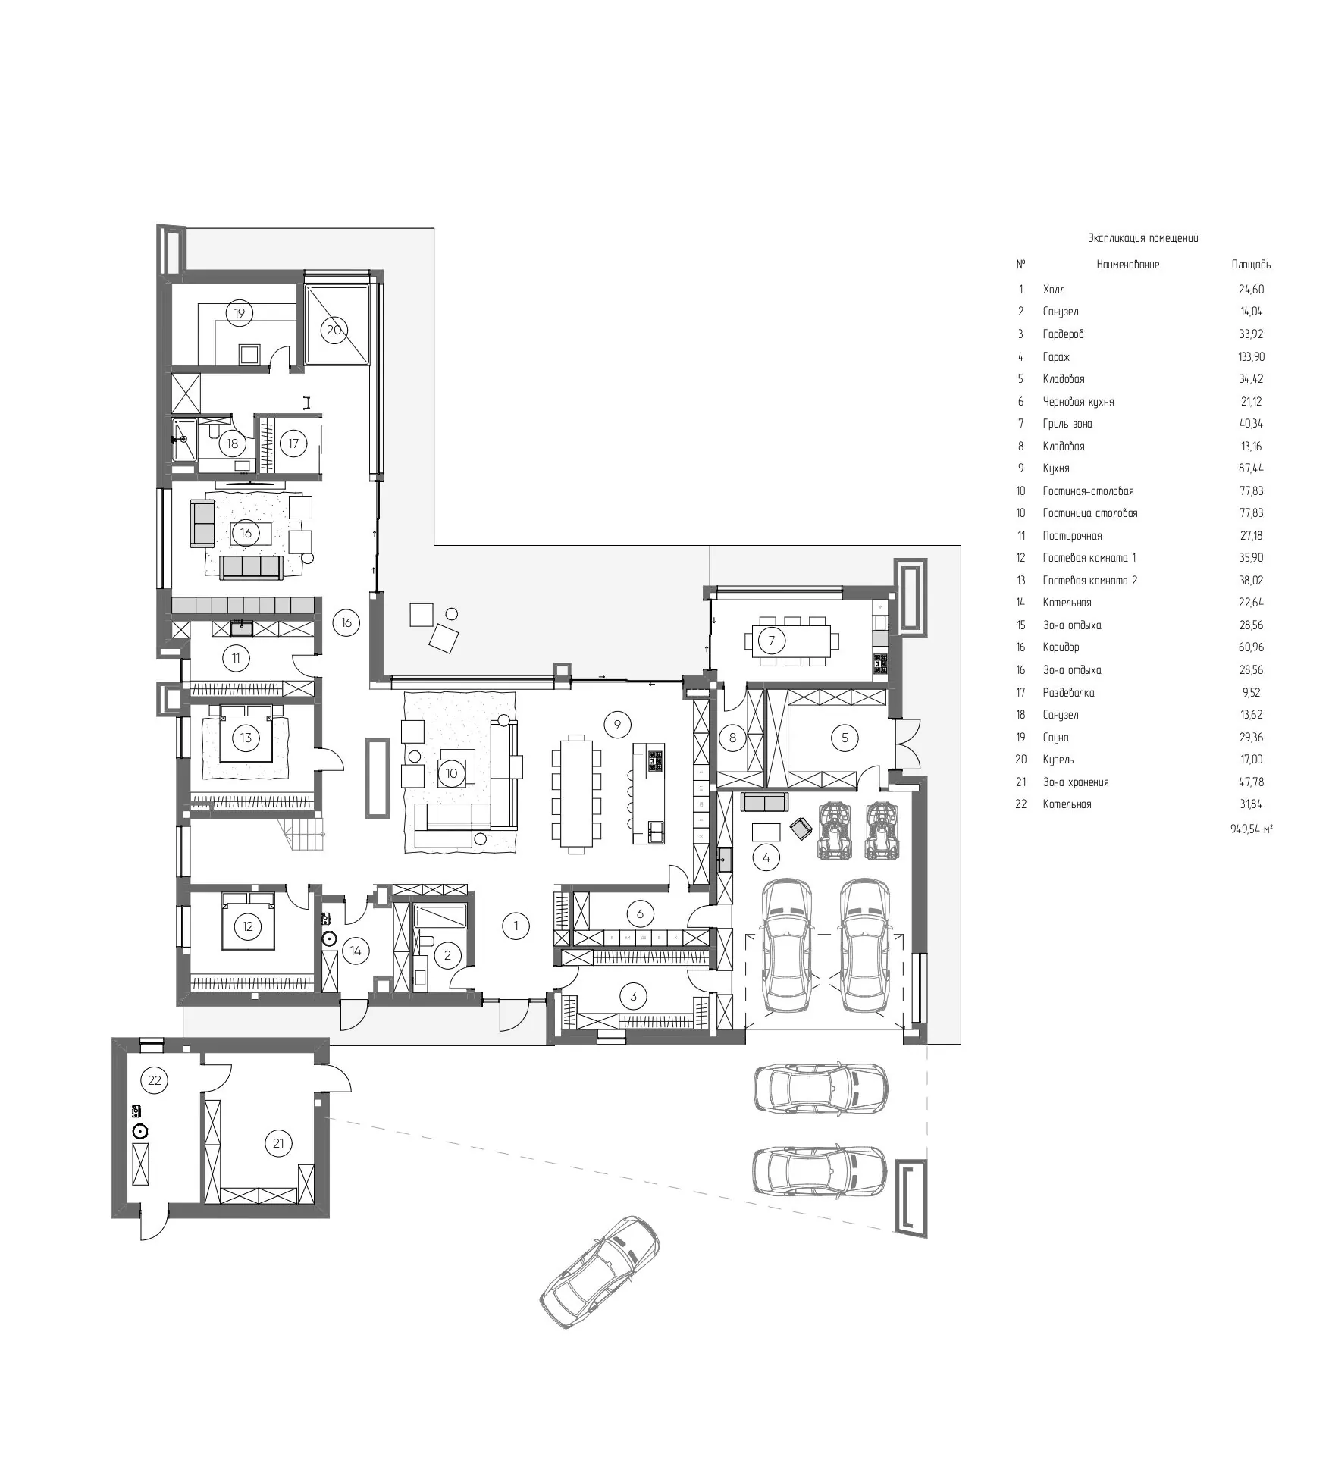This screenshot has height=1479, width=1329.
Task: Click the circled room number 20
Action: click(334, 330)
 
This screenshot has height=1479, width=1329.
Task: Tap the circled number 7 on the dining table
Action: click(772, 641)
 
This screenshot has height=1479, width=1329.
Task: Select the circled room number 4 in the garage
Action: click(766, 857)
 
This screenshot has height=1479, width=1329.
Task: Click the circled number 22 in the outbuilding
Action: click(155, 1080)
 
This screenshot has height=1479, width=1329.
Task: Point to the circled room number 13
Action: click(246, 738)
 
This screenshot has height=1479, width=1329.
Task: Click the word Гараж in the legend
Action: click(1056, 356)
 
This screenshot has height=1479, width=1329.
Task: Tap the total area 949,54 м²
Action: click(1251, 829)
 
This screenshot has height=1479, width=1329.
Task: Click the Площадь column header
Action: click(1251, 265)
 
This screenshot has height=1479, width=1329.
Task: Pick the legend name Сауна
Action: click(1055, 738)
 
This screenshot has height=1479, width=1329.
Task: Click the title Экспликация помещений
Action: click(1143, 238)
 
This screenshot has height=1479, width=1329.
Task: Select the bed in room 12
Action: click(247, 920)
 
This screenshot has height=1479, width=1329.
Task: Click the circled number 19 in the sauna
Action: click(240, 312)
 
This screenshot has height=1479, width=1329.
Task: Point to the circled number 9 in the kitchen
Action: click(617, 725)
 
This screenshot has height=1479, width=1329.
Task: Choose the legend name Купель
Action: click(1058, 760)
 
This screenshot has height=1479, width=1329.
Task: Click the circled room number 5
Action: click(845, 737)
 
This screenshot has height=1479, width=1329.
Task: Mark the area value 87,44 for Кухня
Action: click(1251, 468)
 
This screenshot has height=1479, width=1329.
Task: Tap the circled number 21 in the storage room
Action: click(278, 1142)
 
